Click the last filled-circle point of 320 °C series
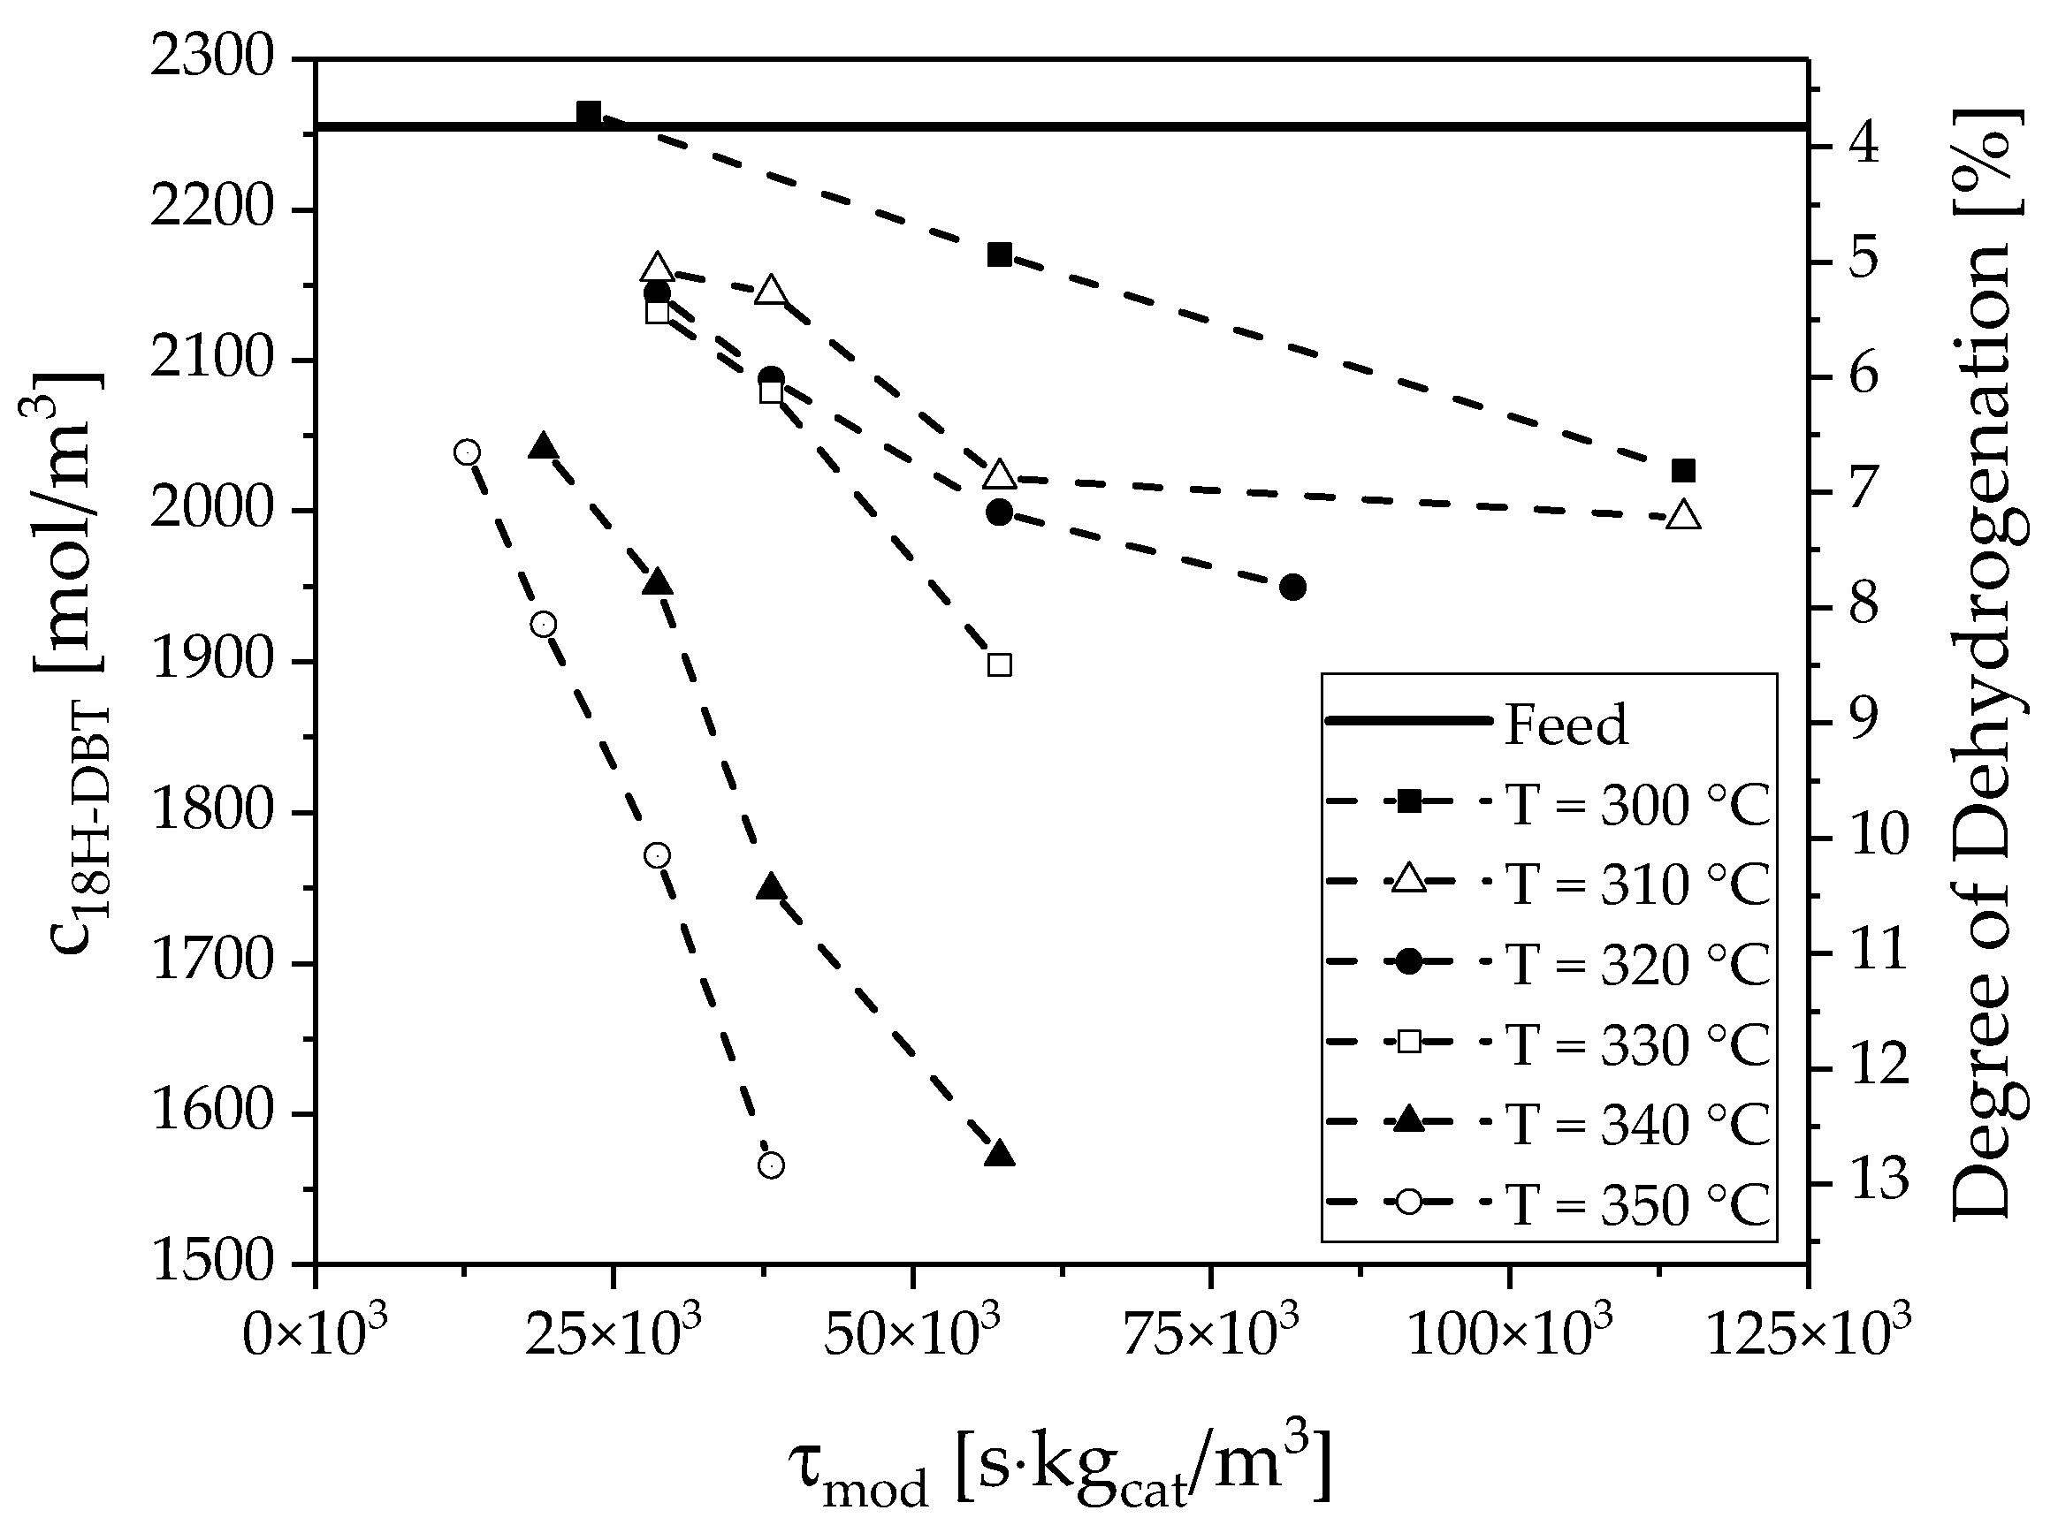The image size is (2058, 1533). click(x=1293, y=587)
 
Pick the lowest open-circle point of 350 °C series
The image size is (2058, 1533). click(x=772, y=1165)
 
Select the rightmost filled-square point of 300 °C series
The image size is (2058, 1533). click(x=1683, y=470)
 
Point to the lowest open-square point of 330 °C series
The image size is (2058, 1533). click(x=1000, y=664)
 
